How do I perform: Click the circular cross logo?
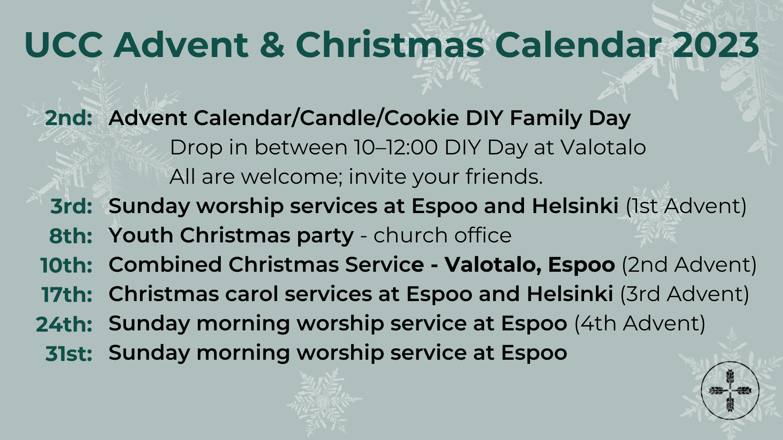click(x=730, y=390)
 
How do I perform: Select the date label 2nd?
click(x=69, y=118)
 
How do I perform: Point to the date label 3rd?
click(x=71, y=206)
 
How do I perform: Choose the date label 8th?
click(x=71, y=235)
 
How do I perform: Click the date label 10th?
click(x=66, y=265)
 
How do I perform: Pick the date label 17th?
click(x=67, y=294)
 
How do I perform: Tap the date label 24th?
click(x=64, y=323)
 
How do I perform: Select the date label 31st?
click(x=69, y=353)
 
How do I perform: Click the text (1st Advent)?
click(x=686, y=206)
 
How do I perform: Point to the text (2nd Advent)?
click(x=689, y=265)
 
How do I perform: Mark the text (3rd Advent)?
click(x=684, y=294)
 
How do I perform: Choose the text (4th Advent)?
click(x=639, y=323)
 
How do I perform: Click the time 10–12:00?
click(x=396, y=147)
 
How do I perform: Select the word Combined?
click(x=165, y=265)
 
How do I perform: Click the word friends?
click(x=504, y=177)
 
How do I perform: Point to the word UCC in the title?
click(x=64, y=44)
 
